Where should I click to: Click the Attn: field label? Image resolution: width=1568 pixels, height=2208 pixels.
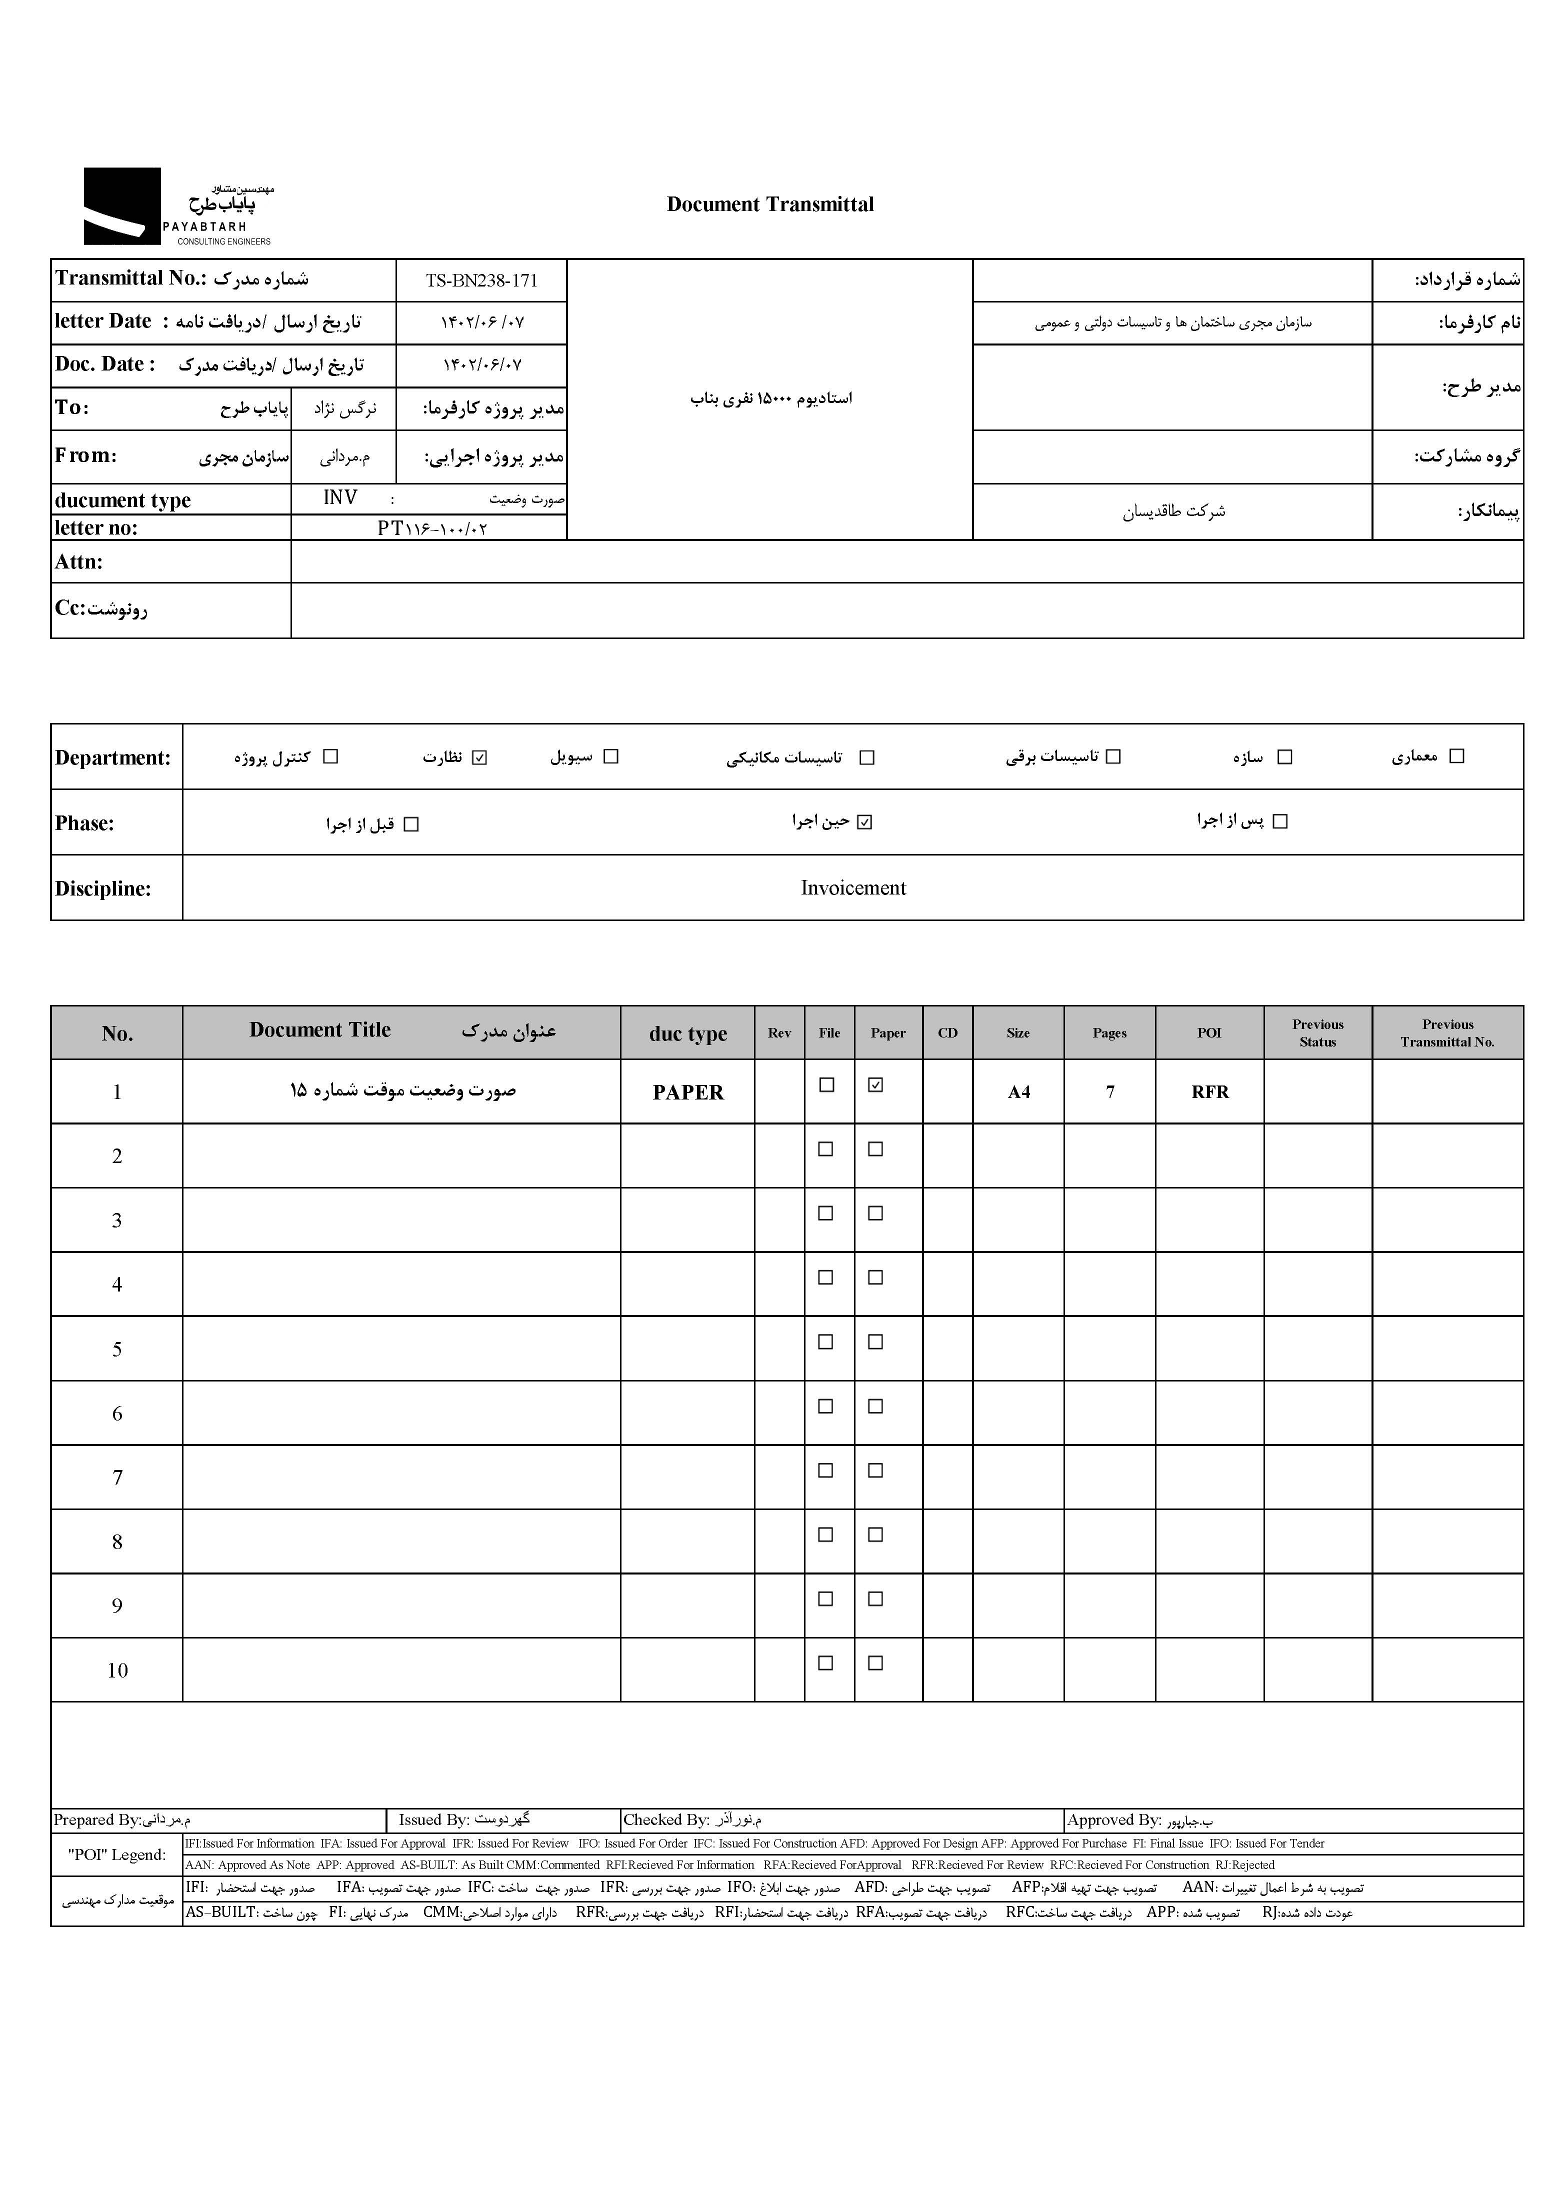tap(79, 562)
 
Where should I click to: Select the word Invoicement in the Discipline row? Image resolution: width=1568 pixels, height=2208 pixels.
tap(852, 888)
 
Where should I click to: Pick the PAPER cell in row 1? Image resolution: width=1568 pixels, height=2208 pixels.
tap(687, 1092)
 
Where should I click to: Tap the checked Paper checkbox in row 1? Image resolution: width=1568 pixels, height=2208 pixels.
tap(875, 1085)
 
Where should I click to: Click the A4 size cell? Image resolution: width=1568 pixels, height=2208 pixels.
tap(1018, 1092)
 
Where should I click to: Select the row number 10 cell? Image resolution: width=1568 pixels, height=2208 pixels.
tap(117, 1670)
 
